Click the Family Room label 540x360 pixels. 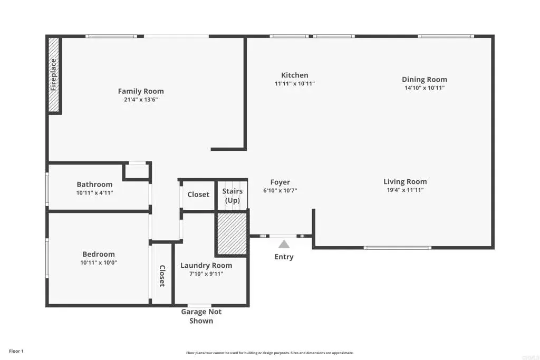140,91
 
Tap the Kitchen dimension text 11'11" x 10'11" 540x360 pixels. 294,84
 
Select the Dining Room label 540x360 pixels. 424,80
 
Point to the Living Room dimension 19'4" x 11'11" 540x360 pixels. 404,190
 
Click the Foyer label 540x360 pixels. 280,182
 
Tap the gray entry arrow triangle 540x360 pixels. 284,244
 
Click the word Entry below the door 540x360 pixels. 284,257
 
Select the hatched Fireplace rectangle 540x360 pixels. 54,74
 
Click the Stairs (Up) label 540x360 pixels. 232,196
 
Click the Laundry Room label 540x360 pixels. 206,266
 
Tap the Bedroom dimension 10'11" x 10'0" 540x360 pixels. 98,262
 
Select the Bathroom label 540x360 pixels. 94,184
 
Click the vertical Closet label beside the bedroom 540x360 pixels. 162,276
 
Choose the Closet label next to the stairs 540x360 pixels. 198,194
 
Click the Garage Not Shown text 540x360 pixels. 201,316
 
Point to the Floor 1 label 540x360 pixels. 16,351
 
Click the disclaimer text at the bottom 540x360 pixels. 269,353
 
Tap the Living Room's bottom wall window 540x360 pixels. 397,248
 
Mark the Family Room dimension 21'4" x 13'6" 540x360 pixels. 140,100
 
